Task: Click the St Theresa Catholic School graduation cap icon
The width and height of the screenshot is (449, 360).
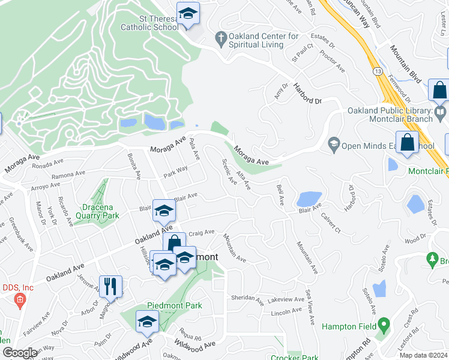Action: click(188, 14)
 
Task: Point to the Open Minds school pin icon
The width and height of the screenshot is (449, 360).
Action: click(333, 145)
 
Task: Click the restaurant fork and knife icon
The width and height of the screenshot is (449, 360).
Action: click(110, 285)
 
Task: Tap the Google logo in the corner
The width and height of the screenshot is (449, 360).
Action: click(20, 353)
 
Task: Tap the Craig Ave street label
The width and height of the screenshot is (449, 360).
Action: click(201, 232)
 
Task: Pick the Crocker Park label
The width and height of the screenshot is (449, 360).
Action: click(294, 358)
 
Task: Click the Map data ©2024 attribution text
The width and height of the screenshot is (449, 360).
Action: click(423, 355)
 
